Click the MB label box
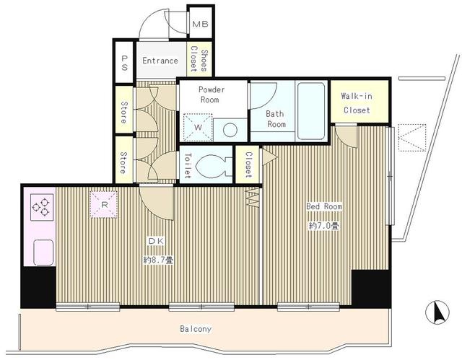201,24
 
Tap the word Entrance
160,61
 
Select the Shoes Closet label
199,60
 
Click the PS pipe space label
123,63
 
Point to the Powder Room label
212,95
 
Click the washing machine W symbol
198,128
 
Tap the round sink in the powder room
230,130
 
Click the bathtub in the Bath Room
311,111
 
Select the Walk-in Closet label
357,103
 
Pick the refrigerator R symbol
104,205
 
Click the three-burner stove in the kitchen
42,207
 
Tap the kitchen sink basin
43,253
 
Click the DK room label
156,241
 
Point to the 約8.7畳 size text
158,260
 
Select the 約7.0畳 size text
324,226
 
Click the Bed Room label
324,206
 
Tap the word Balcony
196,329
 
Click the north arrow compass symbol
437,312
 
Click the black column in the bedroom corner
370,289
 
